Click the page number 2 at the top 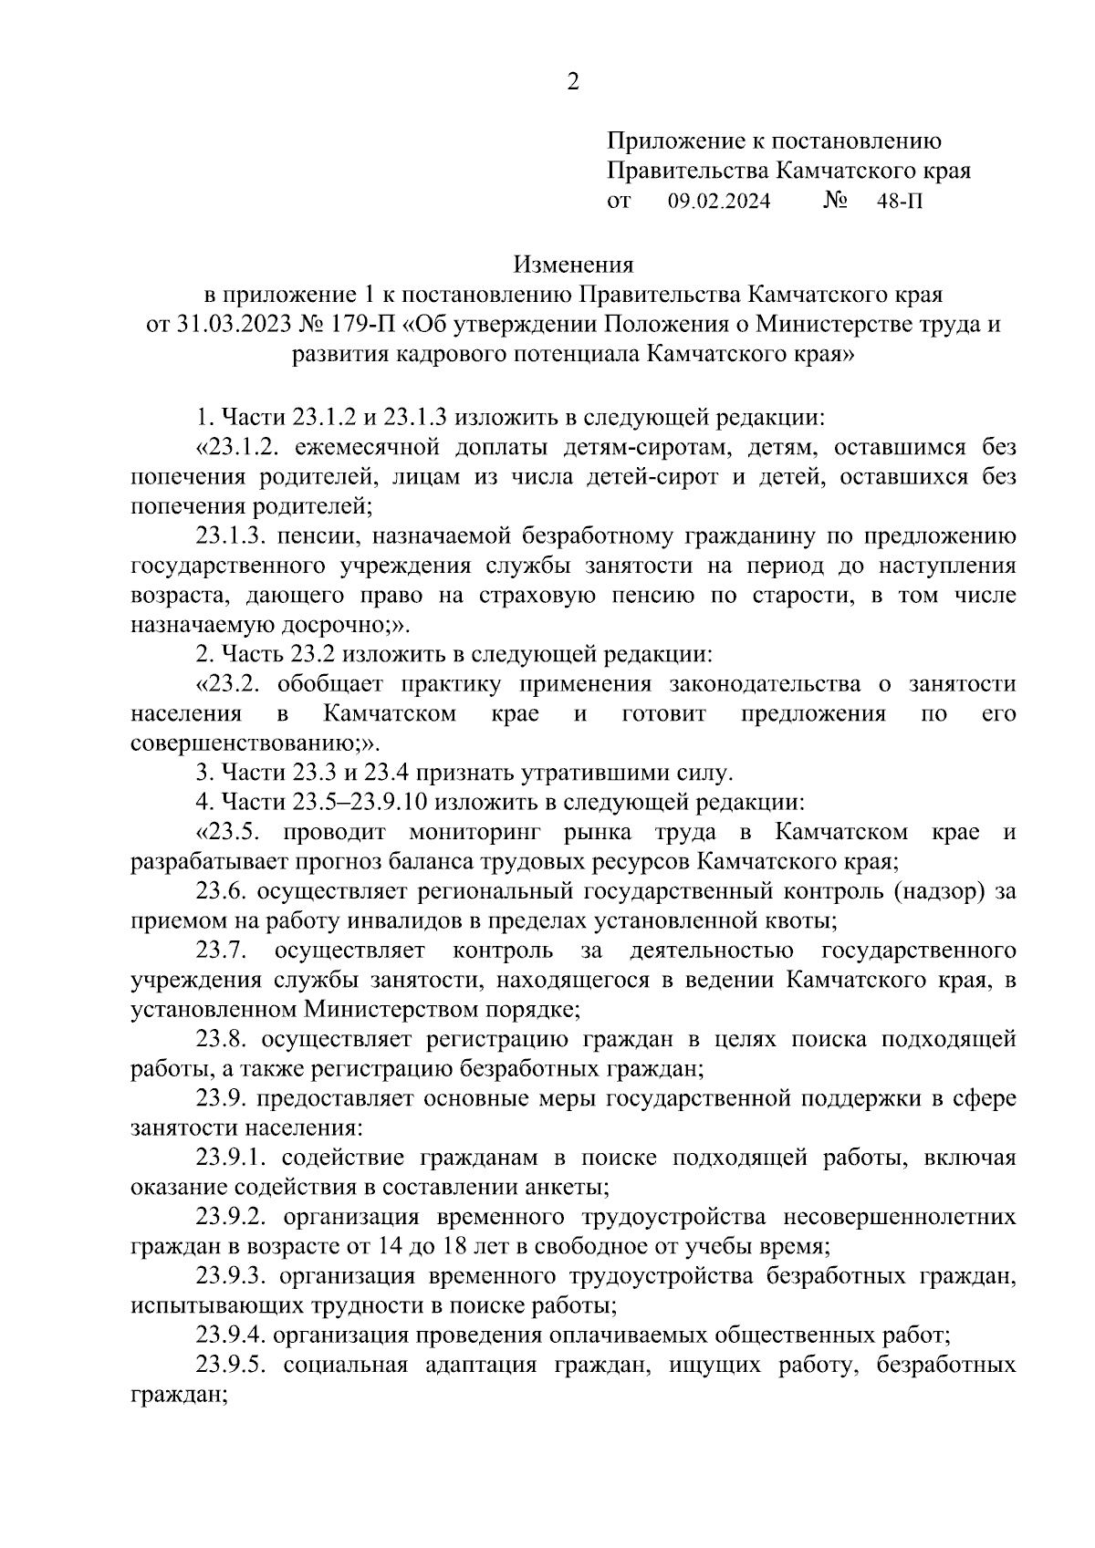tap(572, 83)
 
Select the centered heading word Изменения tap(573, 265)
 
